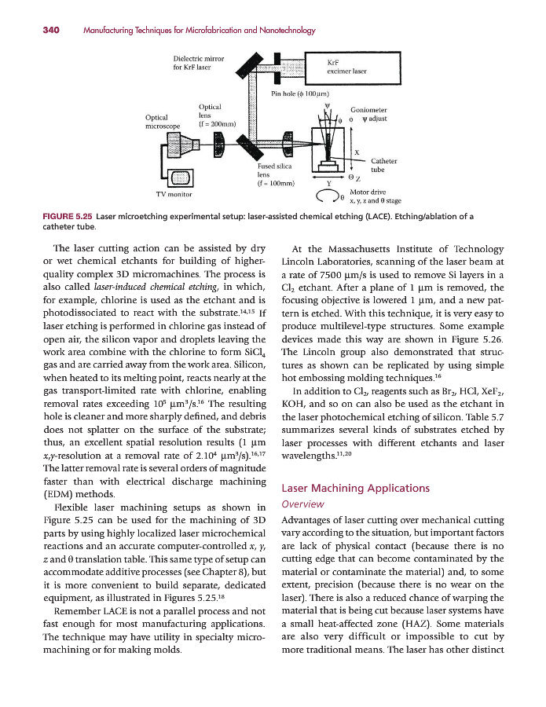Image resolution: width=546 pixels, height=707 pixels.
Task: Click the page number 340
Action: (x=52, y=31)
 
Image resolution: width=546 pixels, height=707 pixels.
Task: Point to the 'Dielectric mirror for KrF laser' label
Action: (x=199, y=62)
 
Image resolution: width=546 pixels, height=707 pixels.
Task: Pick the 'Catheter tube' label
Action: (x=383, y=165)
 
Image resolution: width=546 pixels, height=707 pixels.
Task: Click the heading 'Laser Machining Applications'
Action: (x=355, y=488)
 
